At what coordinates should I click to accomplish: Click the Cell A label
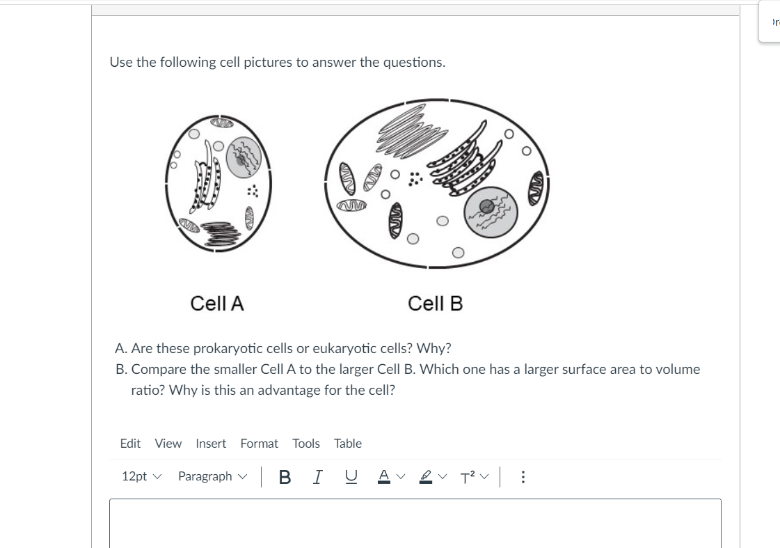[217, 304]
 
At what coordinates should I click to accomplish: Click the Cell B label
[435, 304]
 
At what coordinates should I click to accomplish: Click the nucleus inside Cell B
[491, 212]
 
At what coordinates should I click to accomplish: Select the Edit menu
[130, 444]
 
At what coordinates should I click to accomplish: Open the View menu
[168, 444]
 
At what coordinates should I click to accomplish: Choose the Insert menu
[211, 444]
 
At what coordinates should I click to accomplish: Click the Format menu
[259, 444]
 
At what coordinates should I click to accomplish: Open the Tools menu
[306, 444]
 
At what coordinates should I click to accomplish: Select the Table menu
[348, 444]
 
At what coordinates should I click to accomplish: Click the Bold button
[284, 477]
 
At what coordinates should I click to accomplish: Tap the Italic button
[317, 477]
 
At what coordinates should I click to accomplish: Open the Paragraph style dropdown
[212, 477]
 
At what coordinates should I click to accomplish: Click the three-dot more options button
[523, 477]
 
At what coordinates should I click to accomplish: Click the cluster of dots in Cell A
[253, 191]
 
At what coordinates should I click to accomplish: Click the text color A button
[383, 477]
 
